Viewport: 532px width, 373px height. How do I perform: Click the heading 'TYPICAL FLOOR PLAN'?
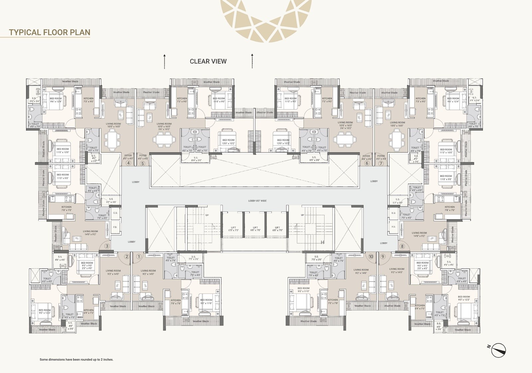click(x=50, y=32)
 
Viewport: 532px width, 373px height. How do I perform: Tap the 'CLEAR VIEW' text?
click(x=208, y=61)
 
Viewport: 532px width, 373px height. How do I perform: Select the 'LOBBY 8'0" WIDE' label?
click(x=257, y=201)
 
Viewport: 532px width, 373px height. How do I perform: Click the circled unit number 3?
click(x=107, y=246)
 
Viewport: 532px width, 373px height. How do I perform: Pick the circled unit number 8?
click(x=402, y=246)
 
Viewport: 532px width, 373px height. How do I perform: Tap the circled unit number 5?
click(x=143, y=163)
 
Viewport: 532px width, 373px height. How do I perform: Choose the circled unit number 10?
click(x=371, y=256)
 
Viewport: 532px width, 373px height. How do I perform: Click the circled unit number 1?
click(x=139, y=256)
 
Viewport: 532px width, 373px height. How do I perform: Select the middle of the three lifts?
click(x=255, y=229)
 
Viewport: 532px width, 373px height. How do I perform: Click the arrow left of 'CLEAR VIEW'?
click(x=164, y=61)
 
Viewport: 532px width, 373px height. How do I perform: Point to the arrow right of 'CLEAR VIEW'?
click(x=252, y=61)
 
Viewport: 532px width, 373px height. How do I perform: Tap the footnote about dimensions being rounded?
click(x=76, y=359)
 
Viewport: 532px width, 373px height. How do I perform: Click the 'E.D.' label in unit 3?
click(x=115, y=213)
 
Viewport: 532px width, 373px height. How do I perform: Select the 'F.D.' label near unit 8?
click(x=393, y=227)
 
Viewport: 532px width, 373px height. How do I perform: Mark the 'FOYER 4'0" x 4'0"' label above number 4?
click(x=128, y=157)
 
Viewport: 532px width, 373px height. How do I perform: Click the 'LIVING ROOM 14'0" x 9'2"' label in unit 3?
click(x=90, y=233)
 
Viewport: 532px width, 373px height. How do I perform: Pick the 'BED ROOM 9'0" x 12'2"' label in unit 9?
click(x=464, y=298)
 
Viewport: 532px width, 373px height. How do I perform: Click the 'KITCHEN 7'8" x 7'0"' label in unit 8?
click(x=450, y=208)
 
